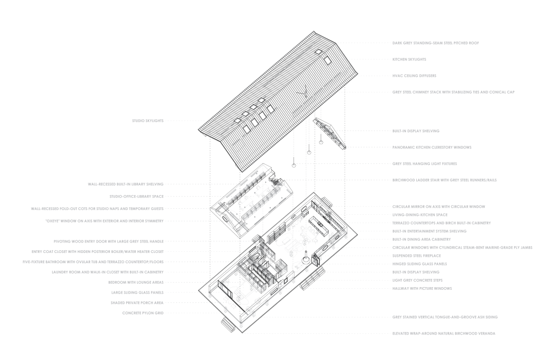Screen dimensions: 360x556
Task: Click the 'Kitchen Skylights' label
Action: (x=409, y=59)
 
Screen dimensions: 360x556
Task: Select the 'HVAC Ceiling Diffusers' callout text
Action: (x=414, y=76)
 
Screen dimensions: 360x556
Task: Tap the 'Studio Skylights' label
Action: (x=148, y=121)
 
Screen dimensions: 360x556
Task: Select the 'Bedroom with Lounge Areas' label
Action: (x=138, y=282)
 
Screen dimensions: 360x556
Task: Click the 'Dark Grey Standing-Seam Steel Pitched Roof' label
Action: (x=435, y=42)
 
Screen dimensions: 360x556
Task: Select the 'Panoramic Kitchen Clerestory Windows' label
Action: (x=432, y=147)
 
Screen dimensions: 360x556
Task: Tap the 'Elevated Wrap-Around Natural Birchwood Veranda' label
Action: (x=443, y=333)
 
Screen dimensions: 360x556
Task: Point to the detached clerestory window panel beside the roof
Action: (x=329, y=132)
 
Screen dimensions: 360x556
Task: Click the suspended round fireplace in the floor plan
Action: (x=306, y=260)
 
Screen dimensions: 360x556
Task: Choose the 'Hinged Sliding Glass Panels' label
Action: (x=416, y=264)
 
